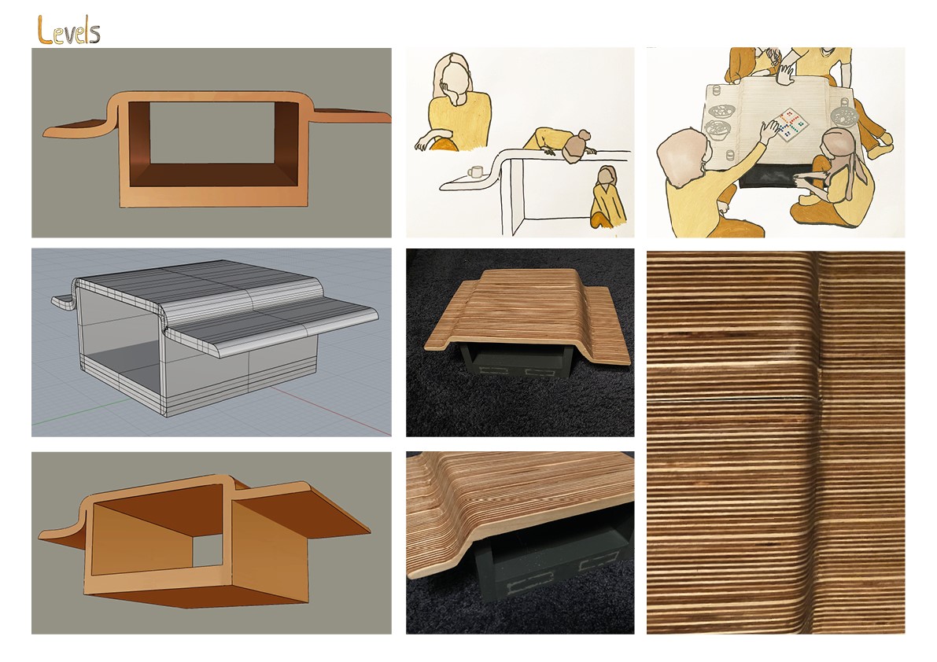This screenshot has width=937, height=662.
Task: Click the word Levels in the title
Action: click(x=68, y=31)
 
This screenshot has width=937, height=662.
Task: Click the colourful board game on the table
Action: click(x=789, y=125)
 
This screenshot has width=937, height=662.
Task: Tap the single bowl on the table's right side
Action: click(x=843, y=113)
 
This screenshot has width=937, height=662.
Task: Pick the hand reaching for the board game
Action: click(x=769, y=127)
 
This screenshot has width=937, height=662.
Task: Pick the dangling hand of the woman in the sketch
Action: click(x=422, y=143)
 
